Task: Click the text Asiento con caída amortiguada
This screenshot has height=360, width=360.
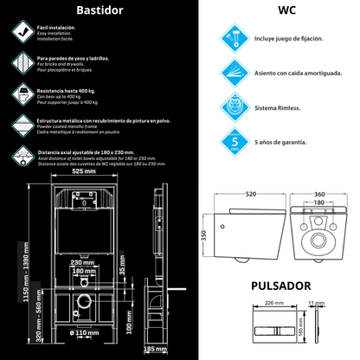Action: click(x=299, y=73)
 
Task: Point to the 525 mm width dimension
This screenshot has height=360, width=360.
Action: click(x=83, y=172)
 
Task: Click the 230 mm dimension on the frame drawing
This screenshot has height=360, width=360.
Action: click(x=83, y=261)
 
